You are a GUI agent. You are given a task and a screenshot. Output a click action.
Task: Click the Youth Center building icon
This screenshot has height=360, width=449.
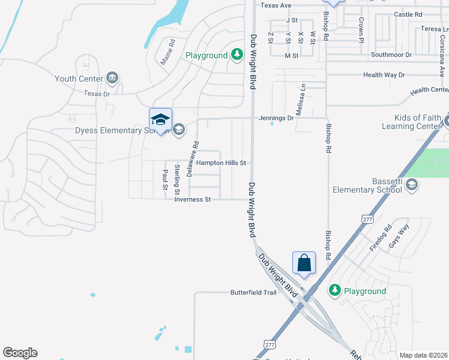112,78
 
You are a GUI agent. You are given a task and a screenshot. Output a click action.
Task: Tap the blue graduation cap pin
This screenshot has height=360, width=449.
160,119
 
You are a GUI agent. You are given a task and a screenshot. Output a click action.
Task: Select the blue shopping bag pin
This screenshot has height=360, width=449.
304,263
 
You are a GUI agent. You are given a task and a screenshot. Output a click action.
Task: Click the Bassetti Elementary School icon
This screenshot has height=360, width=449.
411,184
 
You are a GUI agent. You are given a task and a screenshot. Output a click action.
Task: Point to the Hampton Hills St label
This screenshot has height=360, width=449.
221,163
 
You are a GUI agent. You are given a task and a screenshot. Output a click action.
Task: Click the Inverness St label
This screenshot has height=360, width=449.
193,199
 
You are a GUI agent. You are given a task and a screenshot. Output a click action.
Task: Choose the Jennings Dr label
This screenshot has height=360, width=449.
276,118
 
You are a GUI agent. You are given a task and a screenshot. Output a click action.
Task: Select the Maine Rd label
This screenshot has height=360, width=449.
167,52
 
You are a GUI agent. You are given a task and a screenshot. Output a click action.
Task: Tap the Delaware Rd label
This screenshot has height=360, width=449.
192,158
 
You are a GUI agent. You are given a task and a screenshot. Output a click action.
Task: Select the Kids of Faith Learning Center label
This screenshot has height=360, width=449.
411,122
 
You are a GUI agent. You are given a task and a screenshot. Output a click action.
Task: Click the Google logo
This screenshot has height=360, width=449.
20,353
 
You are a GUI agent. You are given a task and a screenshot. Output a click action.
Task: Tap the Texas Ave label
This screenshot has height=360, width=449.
276,5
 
